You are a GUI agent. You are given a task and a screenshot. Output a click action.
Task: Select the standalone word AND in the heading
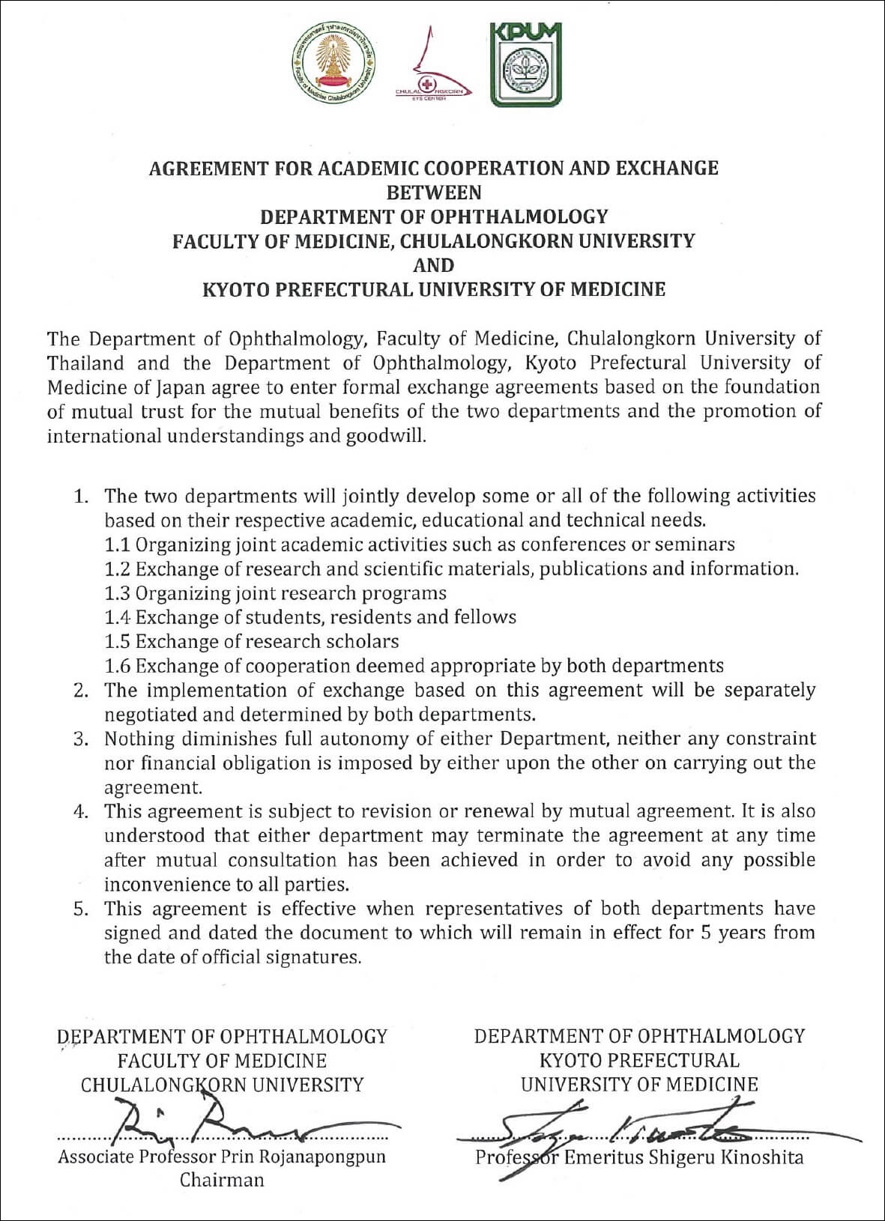[x=434, y=265]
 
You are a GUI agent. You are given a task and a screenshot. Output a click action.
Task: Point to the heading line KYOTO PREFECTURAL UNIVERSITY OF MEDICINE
[x=434, y=289]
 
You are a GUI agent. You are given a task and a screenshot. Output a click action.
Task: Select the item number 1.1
[x=118, y=545]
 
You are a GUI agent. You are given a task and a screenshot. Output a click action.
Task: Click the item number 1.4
[x=118, y=617]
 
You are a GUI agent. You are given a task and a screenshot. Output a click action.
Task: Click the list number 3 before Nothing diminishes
[x=79, y=739]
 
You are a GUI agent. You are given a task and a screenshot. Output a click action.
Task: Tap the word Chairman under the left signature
[x=222, y=1181]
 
